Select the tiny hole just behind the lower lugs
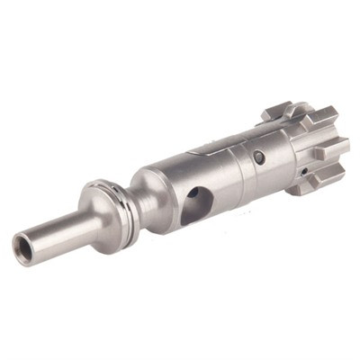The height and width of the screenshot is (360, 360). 305,171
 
